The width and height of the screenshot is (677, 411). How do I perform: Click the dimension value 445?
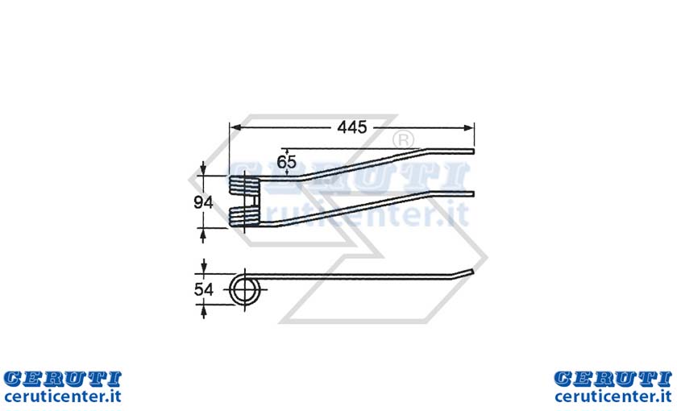coord(352,127)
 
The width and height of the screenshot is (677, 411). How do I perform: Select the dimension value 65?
coord(287,162)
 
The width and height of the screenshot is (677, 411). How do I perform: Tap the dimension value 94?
coord(203,202)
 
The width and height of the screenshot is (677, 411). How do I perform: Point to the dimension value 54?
coord(203,289)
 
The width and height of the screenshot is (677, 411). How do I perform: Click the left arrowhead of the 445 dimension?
coord(235,127)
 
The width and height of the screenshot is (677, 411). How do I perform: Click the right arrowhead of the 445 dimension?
coord(468,127)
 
